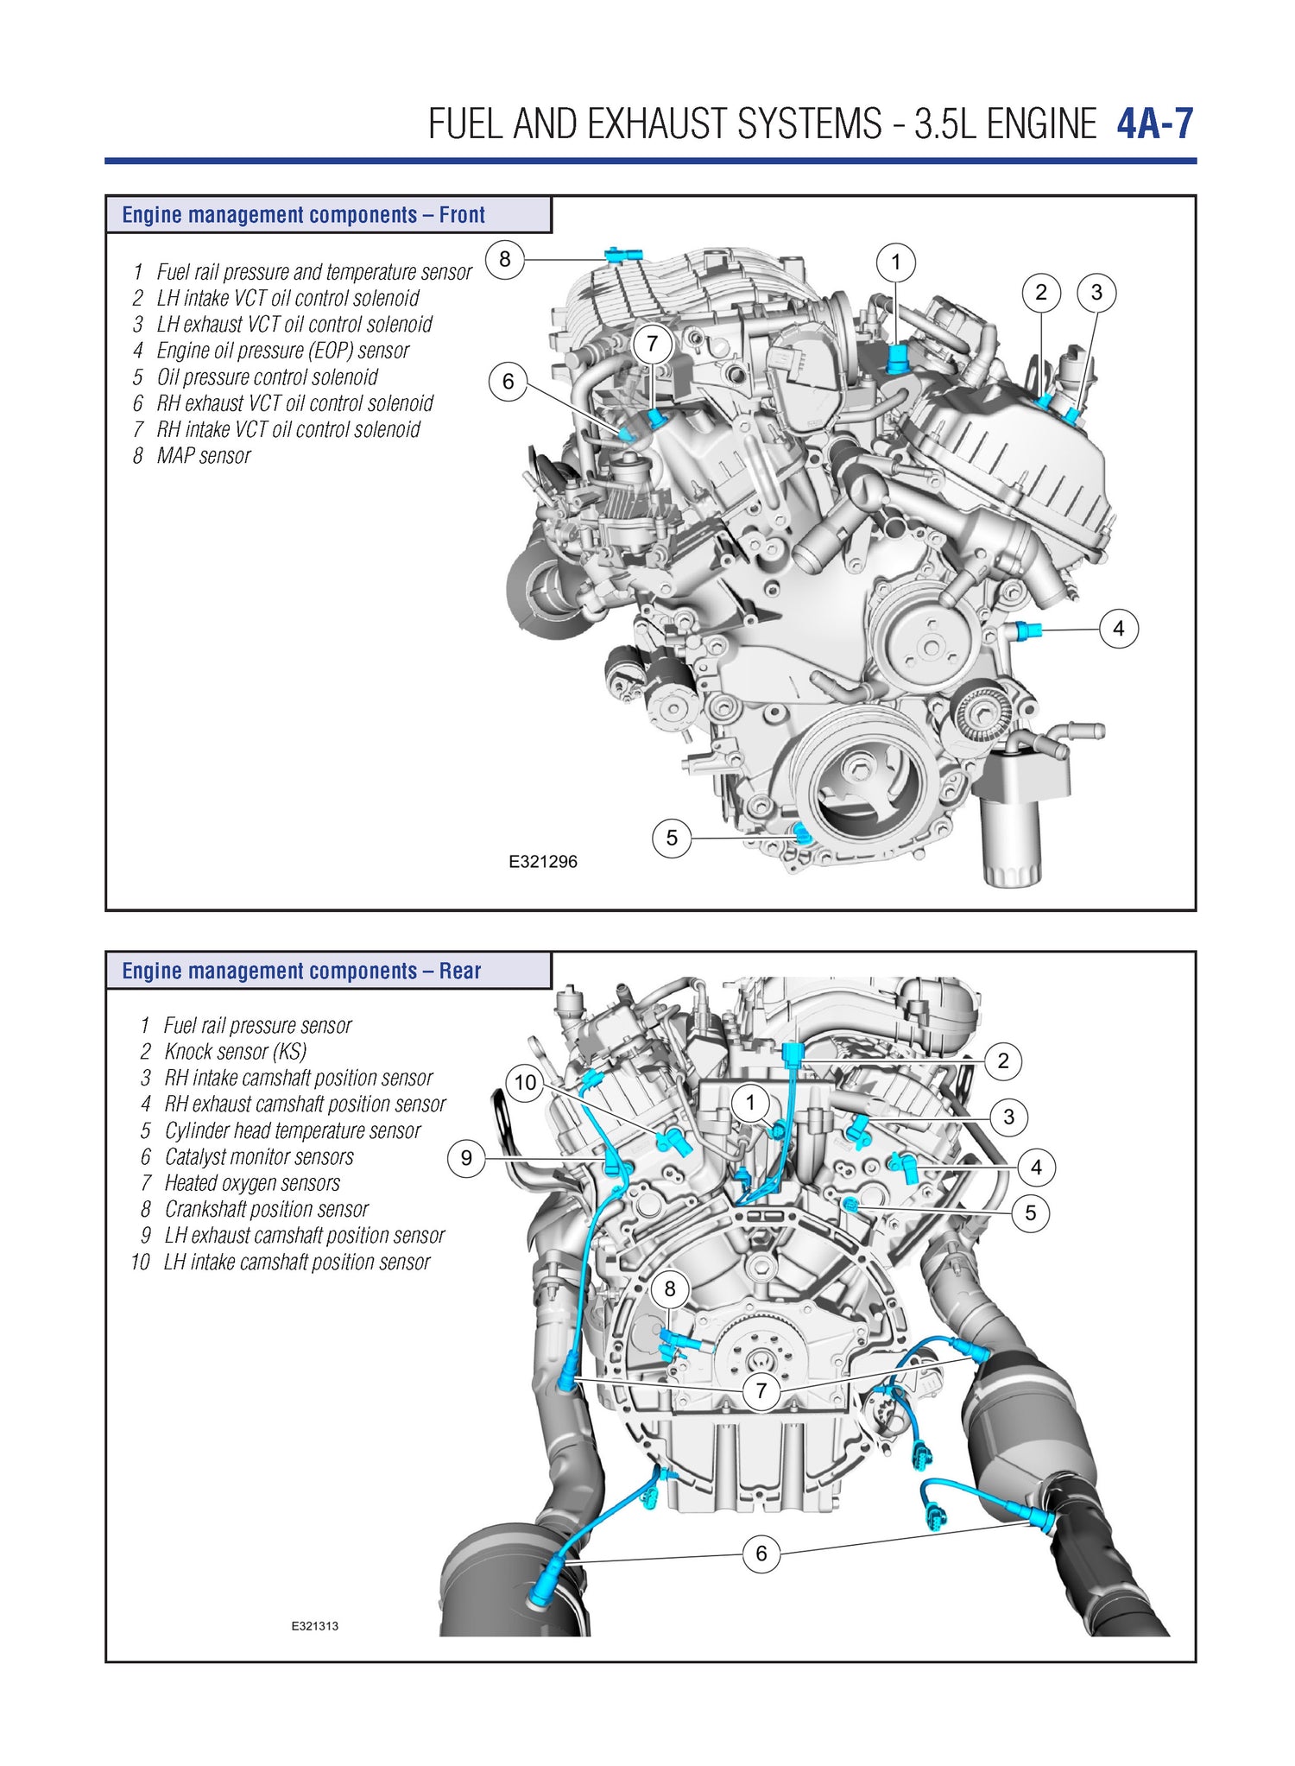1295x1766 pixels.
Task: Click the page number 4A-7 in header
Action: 1154,124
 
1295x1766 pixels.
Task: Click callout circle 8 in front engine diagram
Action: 505,259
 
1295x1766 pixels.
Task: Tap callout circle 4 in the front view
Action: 1118,629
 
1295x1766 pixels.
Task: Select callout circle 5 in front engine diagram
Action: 672,838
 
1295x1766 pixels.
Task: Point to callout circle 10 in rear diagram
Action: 526,1082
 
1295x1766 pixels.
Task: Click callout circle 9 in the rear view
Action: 466,1158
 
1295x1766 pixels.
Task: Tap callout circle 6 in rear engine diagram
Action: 761,1553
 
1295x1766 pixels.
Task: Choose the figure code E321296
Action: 542,862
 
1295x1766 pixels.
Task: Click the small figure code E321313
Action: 314,1625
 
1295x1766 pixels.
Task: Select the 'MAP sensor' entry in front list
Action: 204,456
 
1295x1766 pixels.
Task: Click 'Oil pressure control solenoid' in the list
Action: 267,377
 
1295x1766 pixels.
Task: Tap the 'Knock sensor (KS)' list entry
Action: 235,1052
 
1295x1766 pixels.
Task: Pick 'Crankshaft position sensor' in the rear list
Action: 266,1209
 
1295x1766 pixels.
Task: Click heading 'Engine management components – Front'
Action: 303,215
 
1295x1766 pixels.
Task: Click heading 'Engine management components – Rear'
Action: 301,971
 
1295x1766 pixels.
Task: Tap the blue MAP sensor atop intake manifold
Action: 623,255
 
